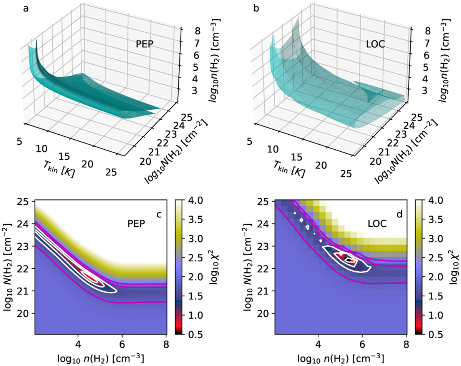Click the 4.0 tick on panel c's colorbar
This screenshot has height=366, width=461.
tap(191, 201)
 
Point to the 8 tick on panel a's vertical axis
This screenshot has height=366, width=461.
tap(186, 29)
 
